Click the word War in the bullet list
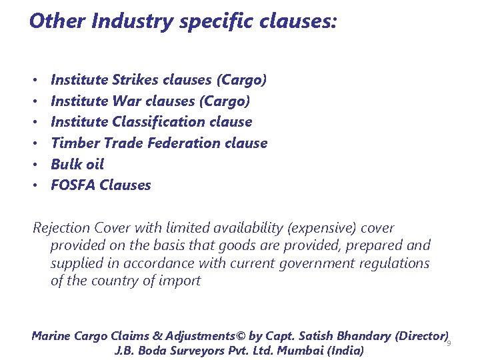[x=127, y=101]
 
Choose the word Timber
[x=73, y=143]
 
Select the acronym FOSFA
[x=73, y=185]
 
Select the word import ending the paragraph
[x=181, y=281]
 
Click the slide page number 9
[x=449, y=343]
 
